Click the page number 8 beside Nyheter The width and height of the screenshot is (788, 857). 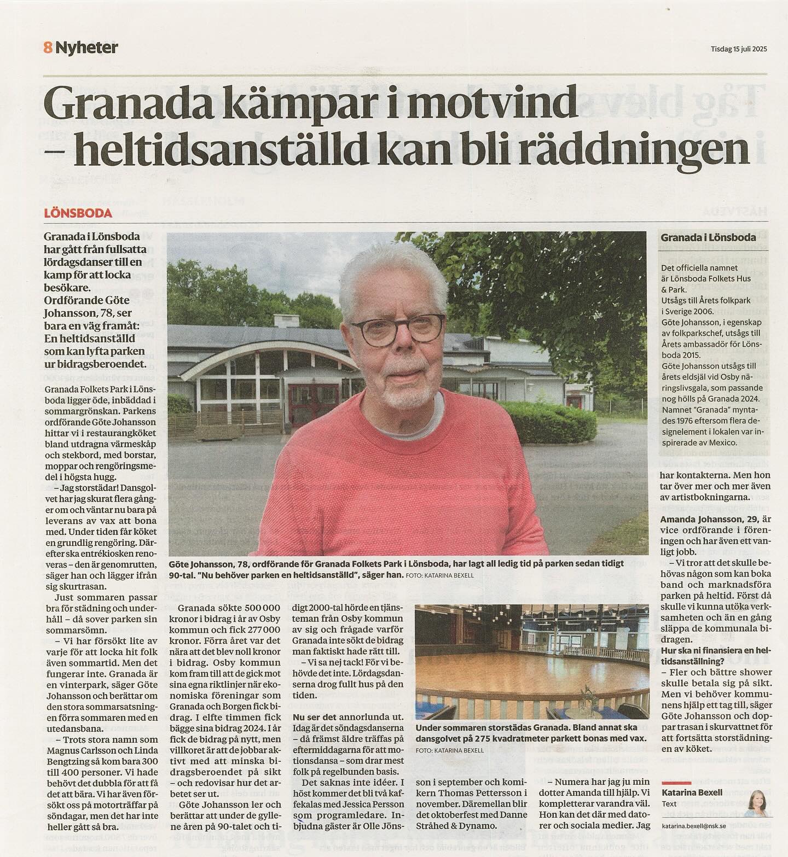[47, 48]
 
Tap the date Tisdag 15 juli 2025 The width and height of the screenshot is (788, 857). [739, 48]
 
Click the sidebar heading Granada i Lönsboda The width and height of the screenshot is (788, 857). [708, 237]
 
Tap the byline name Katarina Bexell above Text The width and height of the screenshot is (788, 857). [692, 792]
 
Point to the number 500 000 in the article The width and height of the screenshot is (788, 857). [255, 608]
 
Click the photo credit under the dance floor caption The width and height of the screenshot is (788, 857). [449, 750]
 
